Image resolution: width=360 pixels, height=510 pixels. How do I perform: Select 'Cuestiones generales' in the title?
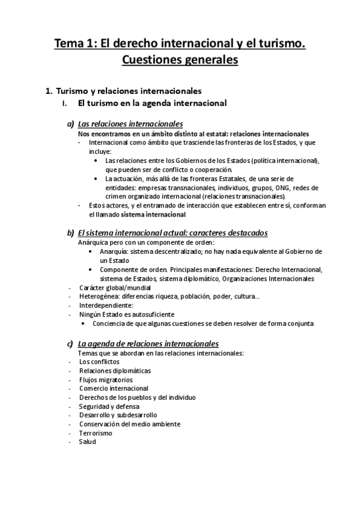pyautogui.click(x=180, y=60)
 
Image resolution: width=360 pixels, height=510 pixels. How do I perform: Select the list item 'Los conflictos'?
pyautogui.click(x=99, y=361)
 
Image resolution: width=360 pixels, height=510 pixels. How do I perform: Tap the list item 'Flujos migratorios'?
pyautogui.click(x=106, y=379)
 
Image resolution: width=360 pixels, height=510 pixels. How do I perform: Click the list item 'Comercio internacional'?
pyautogui.click(x=114, y=389)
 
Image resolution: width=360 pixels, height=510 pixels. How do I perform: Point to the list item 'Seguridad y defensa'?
pyautogui.click(x=109, y=406)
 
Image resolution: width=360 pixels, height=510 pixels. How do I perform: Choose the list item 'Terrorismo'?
pyautogui.click(x=95, y=432)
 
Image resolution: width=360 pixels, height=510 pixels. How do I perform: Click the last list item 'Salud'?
pyautogui.click(x=87, y=441)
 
